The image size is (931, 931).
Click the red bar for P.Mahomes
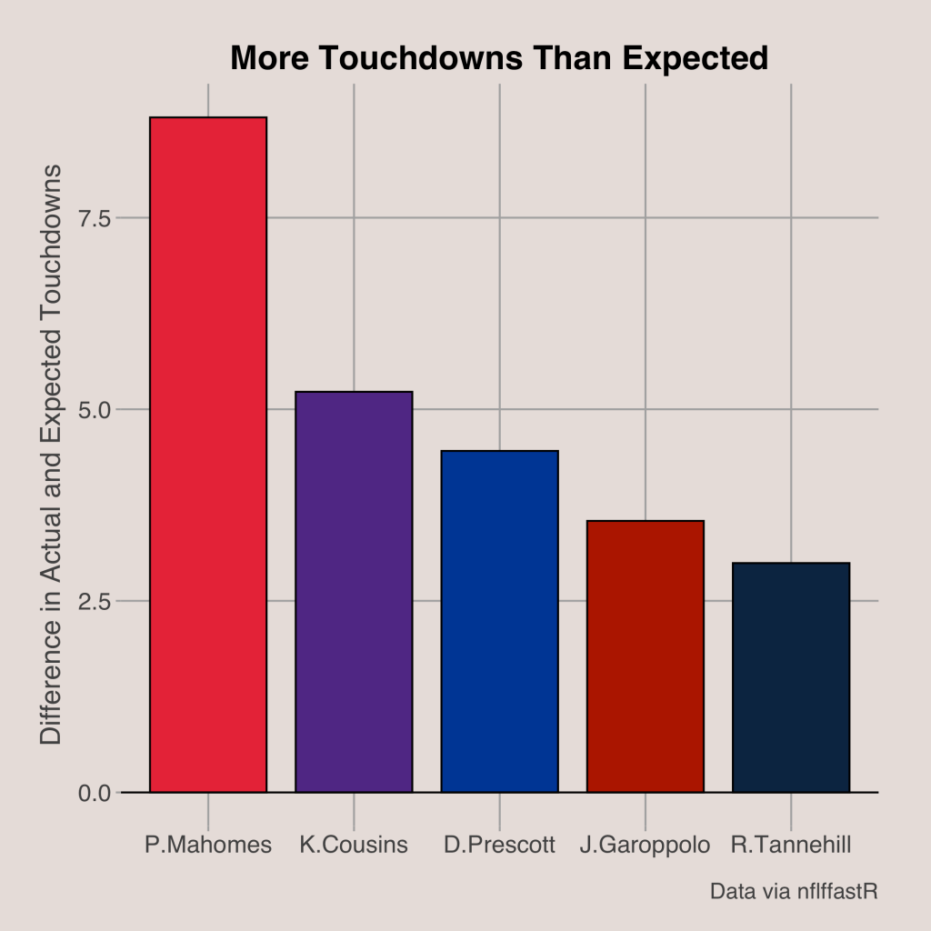point(208,455)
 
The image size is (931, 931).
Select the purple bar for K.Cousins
point(354,591)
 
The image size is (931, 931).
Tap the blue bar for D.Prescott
point(499,621)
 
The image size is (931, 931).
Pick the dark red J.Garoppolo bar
point(645,656)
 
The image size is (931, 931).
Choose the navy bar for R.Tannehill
point(790,676)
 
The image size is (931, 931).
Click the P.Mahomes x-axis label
point(208,845)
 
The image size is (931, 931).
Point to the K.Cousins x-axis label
point(354,845)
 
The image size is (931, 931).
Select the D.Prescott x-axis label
point(499,845)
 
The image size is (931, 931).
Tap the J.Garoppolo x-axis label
point(645,845)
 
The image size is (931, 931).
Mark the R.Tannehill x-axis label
point(791,845)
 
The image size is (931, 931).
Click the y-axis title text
point(51,455)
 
